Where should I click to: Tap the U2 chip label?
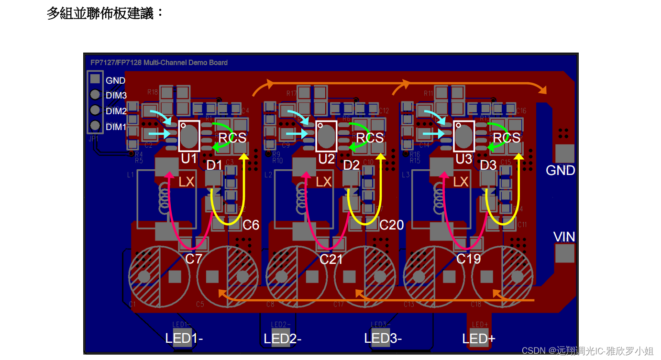click(327, 159)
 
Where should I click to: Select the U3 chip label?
click(464, 159)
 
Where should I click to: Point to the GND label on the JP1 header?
click(115, 81)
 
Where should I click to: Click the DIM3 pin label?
click(116, 96)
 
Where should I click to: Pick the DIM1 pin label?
click(116, 127)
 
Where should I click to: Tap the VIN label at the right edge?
click(564, 237)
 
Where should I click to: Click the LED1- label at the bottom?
click(184, 338)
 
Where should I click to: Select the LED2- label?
click(283, 339)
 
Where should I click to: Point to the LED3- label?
click(383, 338)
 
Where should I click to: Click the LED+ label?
click(479, 339)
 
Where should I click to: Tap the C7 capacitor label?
click(194, 259)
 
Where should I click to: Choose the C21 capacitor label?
click(331, 259)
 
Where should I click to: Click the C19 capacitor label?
click(468, 259)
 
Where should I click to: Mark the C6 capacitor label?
click(251, 225)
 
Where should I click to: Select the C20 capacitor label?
click(391, 225)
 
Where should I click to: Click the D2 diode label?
click(351, 165)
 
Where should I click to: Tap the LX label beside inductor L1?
click(187, 182)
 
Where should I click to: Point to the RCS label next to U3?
click(507, 138)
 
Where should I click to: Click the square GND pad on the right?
click(564, 153)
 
